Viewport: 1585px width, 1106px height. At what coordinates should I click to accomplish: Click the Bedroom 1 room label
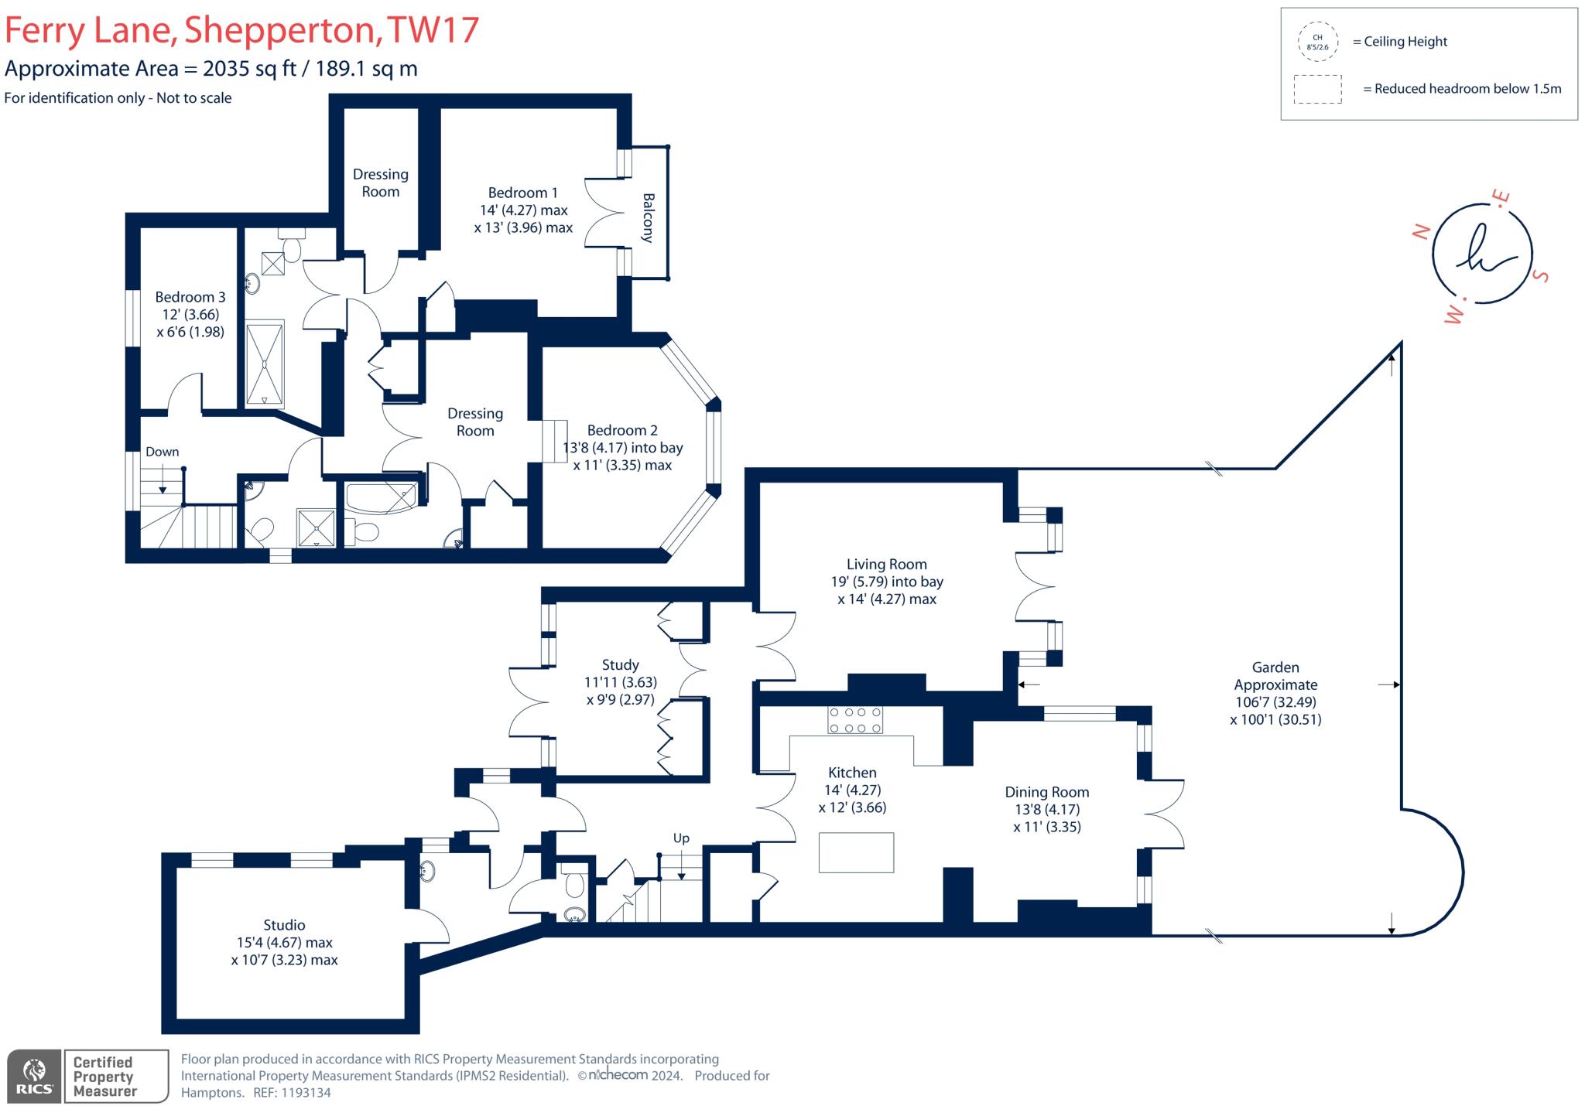point(522,193)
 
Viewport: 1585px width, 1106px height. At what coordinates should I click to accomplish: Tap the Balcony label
point(648,217)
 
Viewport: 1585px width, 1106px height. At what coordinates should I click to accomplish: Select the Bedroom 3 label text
point(190,297)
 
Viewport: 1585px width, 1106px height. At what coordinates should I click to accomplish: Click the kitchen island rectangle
point(856,852)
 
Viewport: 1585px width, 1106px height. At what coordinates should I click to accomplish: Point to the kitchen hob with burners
point(855,720)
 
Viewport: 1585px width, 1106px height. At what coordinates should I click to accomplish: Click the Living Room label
point(886,565)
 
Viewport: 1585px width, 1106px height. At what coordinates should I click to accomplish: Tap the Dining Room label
point(1046,792)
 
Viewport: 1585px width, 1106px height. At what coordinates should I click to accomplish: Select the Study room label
point(620,664)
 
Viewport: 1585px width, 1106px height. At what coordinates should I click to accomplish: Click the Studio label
point(284,925)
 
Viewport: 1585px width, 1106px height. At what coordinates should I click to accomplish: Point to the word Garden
point(1275,667)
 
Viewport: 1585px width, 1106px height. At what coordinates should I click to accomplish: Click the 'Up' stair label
point(681,838)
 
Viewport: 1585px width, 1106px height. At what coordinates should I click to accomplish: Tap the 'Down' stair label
point(162,452)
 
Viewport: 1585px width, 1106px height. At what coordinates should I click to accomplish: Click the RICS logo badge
point(34,1076)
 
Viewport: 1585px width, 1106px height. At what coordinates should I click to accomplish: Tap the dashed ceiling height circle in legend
point(1317,42)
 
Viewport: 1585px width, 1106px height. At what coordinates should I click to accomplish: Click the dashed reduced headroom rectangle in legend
point(1317,89)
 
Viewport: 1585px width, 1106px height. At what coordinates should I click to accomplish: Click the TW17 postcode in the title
point(433,30)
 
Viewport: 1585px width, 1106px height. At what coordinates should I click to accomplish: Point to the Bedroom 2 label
point(622,430)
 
